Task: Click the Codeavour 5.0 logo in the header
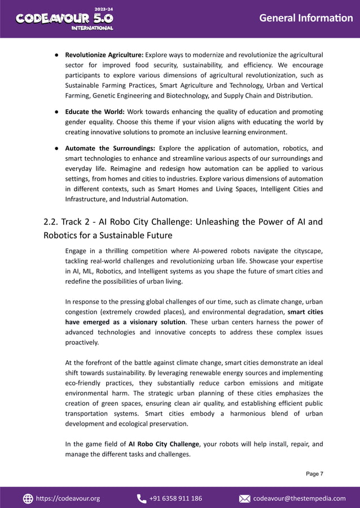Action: pos(64,19)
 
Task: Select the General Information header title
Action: pos(305,18)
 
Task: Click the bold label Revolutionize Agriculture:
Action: pos(104,55)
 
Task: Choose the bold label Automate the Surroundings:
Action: pos(110,149)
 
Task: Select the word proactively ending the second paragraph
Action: pos(82,342)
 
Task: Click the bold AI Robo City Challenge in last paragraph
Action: pos(163,444)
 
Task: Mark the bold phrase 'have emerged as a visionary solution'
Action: pos(125,322)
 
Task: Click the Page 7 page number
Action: pos(314,474)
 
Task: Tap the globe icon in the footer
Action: pos(28,498)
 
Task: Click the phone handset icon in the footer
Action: pos(141,498)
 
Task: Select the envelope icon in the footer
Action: pos(245,498)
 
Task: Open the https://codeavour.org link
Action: pos(68,498)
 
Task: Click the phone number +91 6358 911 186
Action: pos(175,498)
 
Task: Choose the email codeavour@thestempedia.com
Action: pos(299,498)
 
